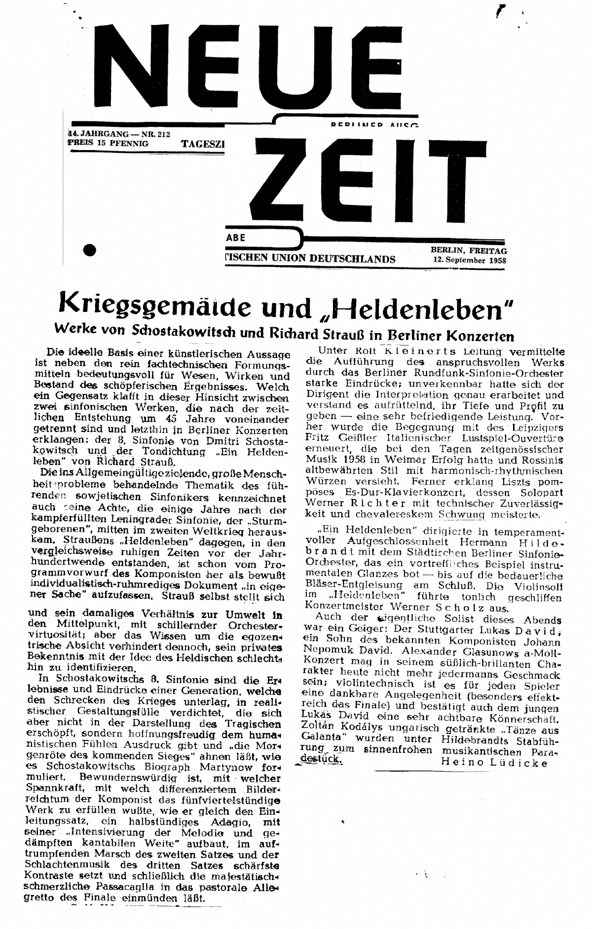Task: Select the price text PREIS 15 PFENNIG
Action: pos(108,144)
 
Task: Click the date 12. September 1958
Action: pos(470,260)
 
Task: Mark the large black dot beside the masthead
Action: pos(89,250)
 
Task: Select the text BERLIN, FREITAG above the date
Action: pos(468,251)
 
